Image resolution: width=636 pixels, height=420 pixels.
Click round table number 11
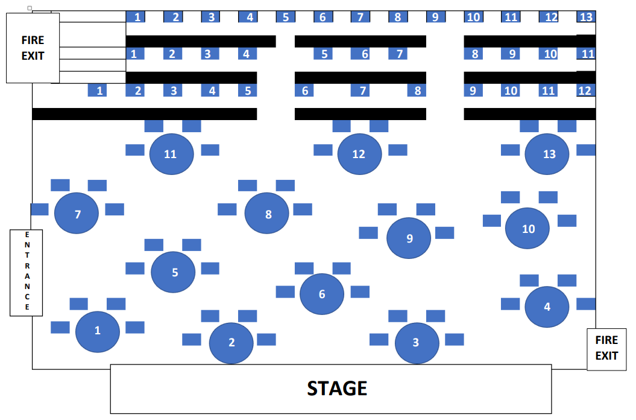pyautogui.click(x=171, y=154)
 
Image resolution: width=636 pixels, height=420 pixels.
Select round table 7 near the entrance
pyautogui.click(x=77, y=214)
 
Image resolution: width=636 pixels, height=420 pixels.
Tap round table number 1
pyautogui.click(x=98, y=331)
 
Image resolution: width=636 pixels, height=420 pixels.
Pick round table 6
pyautogui.click(x=322, y=294)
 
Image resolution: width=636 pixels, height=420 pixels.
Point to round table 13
pyautogui.click(x=547, y=154)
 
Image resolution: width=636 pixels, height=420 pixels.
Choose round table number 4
pyautogui.click(x=547, y=307)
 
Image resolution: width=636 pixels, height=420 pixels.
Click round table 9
pyautogui.click(x=409, y=238)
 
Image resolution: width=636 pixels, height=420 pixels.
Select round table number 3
pyautogui.click(x=416, y=343)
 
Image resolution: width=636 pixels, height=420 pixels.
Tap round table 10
pyautogui.click(x=528, y=229)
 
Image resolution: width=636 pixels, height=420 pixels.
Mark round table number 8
pyautogui.click(x=268, y=214)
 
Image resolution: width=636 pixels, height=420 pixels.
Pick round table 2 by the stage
pyautogui.click(x=231, y=343)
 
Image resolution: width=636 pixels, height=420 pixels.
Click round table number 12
pyautogui.click(x=359, y=154)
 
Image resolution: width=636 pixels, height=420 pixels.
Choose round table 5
pyautogui.click(x=174, y=272)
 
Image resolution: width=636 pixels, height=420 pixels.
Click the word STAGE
pyautogui.click(x=337, y=388)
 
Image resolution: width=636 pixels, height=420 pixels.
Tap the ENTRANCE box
pyautogui.click(x=27, y=272)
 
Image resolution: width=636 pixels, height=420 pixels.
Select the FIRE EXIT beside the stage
pyautogui.click(x=606, y=348)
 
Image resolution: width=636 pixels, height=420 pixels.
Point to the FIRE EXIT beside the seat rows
pyautogui.click(x=33, y=48)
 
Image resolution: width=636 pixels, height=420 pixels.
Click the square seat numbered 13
pyautogui.click(x=586, y=17)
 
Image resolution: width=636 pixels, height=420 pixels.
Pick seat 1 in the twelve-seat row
pyautogui.click(x=99, y=91)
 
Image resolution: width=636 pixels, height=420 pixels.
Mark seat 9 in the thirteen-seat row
pyautogui.click(x=435, y=17)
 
